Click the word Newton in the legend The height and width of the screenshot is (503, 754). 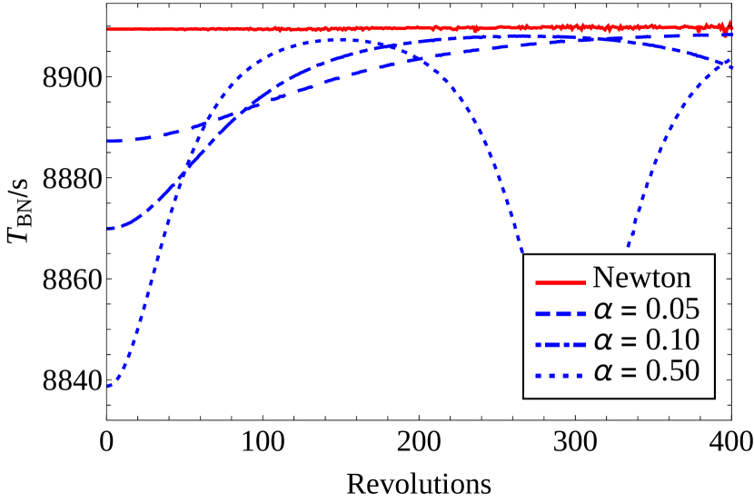[x=641, y=278]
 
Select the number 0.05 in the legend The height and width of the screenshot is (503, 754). [x=672, y=310]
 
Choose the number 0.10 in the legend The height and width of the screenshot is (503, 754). [x=672, y=340]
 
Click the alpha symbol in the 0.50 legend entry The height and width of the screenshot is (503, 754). [x=603, y=371]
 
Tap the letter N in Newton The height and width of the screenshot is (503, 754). [x=602, y=278]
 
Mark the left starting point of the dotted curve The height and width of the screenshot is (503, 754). [x=109, y=387]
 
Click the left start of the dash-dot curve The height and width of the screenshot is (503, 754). [x=109, y=228]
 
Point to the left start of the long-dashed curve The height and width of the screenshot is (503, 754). [x=109, y=141]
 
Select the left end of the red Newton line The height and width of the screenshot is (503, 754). [x=109, y=30]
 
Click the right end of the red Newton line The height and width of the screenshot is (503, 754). [x=732, y=28]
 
